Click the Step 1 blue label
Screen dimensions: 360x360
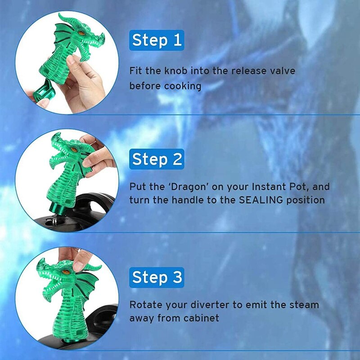coord(157,40)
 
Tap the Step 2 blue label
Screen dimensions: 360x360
coord(157,159)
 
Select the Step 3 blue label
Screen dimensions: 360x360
coord(157,277)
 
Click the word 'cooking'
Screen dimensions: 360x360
coord(183,86)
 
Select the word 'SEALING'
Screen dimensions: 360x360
coord(261,200)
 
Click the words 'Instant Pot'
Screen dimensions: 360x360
coord(279,186)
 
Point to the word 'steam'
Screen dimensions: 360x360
coord(304,305)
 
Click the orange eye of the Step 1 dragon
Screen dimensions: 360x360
coord(81,33)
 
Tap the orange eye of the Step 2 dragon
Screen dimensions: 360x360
coord(74,150)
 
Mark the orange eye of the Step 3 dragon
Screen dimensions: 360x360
coord(66,273)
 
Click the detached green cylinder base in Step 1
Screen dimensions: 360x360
coord(44,91)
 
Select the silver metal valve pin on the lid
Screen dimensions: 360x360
coord(54,220)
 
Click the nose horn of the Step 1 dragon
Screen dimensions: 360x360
coord(101,37)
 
